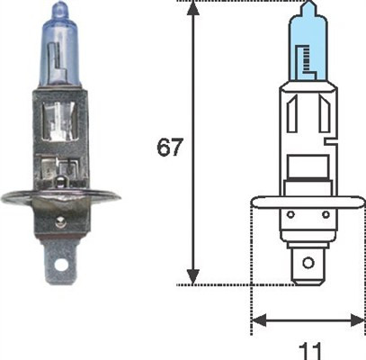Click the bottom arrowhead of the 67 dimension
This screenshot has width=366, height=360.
point(192,278)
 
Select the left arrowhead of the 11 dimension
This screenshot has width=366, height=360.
point(254,319)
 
